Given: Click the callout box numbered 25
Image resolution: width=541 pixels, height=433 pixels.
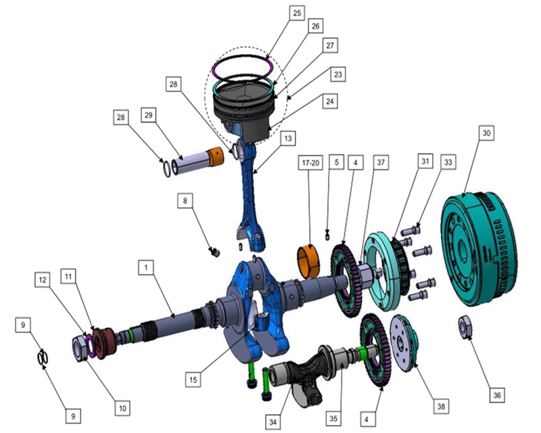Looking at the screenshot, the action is (297, 13).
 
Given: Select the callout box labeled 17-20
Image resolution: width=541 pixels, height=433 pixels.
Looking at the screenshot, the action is (310, 162).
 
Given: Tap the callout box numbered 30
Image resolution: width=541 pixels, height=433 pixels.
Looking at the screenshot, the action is (486, 133).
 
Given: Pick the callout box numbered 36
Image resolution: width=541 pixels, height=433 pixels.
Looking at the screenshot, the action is (497, 395).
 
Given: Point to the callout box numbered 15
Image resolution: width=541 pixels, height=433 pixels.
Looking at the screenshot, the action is (193, 380).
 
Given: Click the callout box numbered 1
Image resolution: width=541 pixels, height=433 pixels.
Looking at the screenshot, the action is (146, 267).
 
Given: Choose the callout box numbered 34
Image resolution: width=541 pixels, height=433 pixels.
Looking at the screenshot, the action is (273, 422).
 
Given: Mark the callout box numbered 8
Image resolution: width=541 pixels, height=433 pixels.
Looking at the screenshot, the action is (185, 201).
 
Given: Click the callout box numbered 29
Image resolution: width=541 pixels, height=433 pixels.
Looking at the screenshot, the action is (148, 114).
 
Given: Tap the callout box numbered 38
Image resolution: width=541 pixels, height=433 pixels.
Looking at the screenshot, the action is (441, 406).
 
